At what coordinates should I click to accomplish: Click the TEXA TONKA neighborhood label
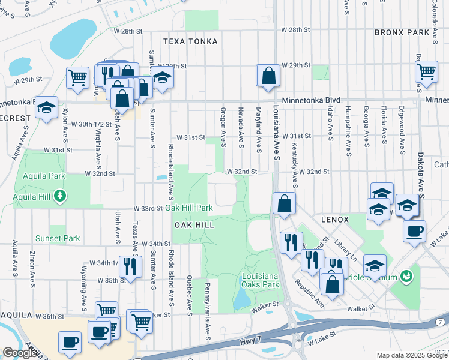(x=190, y=41)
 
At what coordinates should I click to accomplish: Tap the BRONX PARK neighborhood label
(x=402, y=32)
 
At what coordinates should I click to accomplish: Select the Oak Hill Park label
(x=189, y=208)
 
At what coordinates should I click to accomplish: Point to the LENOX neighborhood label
(x=334, y=220)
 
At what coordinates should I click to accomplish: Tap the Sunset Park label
(x=61, y=238)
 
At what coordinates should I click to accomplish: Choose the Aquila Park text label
(x=43, y=176)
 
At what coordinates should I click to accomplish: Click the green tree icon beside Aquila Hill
(x=59, y=196)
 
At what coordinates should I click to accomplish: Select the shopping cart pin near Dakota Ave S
(x=426, y=71)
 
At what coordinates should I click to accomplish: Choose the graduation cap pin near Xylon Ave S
(x=46, y=108)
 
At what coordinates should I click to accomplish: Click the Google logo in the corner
(x=20, y=353)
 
